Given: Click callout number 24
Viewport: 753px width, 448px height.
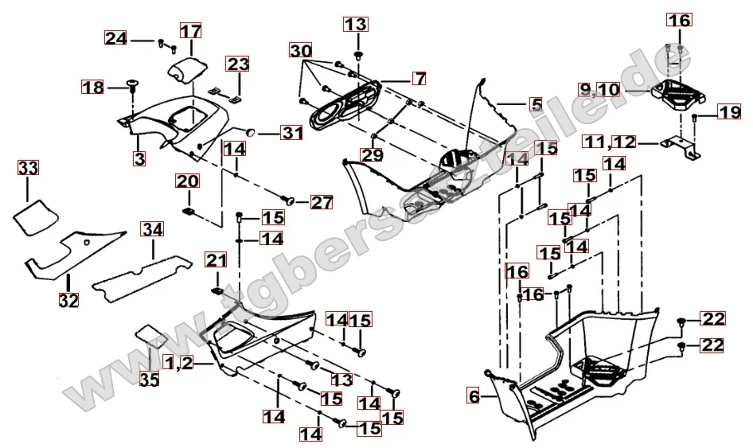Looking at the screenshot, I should pos(115,38).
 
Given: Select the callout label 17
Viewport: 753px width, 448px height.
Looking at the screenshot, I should pos(190,32).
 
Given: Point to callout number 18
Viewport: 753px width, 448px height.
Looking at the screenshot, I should pos(94,87).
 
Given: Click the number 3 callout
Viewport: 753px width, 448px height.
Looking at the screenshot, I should pos(140,158).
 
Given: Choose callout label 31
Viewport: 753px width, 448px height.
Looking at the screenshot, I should pos(292,133).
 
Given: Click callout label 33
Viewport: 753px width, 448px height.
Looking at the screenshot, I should pos(28,169).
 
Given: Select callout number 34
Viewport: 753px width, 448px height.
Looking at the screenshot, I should pos(153,231).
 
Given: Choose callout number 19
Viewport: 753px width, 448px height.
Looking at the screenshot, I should pos(729,113).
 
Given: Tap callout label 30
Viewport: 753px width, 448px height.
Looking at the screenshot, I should pos(301,51).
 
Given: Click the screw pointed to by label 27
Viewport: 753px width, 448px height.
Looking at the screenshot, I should pos(290,199).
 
